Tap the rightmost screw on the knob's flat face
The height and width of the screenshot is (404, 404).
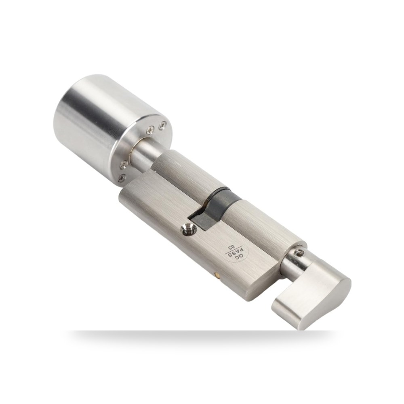pos(162,126)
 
